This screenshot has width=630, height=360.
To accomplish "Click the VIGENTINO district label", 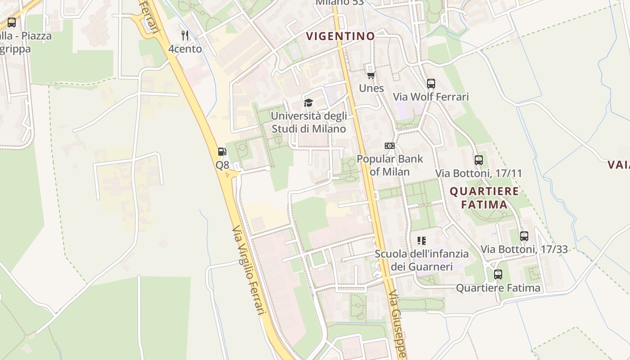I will pyautogui.click(x=340, y=36).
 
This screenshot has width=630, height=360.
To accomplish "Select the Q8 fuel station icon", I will pyautogui.click(x=222, y=152).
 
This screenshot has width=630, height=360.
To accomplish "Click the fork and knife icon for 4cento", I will pyautogui.click(x=184, y=35).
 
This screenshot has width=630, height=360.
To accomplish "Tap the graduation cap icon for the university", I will pyautogui.click(x=308, y=103).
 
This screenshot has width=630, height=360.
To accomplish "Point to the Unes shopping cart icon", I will pyautogui.click(x=371, y=75).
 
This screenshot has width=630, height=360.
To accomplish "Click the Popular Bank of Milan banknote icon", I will pyautogui.click(x=390, y=146).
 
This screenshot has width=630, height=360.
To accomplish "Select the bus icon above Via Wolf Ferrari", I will pyautogui.click(x=431, y=83).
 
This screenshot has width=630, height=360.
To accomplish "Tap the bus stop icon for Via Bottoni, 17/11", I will pyautogui.click(x=479, y=160).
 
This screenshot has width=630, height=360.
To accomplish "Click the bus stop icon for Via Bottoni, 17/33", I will pyautogui.click(x=524, y=236).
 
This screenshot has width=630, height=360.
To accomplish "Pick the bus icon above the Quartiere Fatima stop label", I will pyautogui.click(x=498, y=274).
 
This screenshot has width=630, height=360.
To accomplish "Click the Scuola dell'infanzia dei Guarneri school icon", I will pyautogui.click(x=422, y=241).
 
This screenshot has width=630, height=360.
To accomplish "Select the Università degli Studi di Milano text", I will pyautogui.click(x=309, y=122).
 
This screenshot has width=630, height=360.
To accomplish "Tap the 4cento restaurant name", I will pyautogui.click(x=185, y=49).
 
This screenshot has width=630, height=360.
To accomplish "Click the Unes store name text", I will pyautogui.click(x=371, y=88).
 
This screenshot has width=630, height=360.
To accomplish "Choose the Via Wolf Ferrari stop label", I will pyautogui.click(x=431, y=97).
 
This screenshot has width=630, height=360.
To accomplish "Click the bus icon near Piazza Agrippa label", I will pyautogui.click(x=12, y=22).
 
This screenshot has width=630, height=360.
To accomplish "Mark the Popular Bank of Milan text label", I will pyautogui.click(x=390, y=165).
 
